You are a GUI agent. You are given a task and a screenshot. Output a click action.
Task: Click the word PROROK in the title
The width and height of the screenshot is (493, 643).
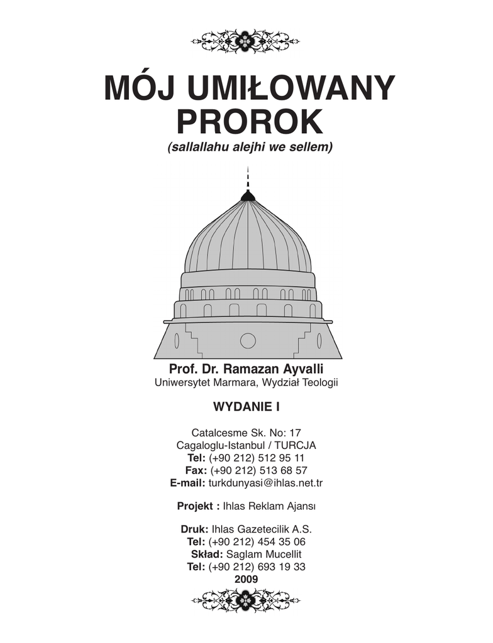[249, 123]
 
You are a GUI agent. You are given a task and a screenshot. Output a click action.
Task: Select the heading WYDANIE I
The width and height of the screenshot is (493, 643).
[246, 406]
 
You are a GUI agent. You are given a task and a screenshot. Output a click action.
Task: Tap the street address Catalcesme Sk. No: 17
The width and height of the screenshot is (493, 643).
[246, 433]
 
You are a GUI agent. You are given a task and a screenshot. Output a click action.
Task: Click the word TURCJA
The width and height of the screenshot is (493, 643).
[295, 445]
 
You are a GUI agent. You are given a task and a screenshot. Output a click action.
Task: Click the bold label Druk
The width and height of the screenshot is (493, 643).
[194, 529]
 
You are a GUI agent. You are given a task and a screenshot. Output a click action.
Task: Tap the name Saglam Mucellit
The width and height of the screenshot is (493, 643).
[264, 554]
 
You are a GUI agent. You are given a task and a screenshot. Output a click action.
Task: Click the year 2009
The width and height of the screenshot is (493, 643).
[246, 579]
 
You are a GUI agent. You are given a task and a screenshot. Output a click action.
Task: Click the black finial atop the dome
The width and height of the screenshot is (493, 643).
[248, 196]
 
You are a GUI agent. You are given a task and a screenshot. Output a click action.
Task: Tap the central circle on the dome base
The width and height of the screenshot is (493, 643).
[248, 340]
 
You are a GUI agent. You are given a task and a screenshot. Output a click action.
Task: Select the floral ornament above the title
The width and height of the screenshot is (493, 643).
[246, 42]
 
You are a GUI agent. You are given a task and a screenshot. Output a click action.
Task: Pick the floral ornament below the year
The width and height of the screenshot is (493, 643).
[246, 600]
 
